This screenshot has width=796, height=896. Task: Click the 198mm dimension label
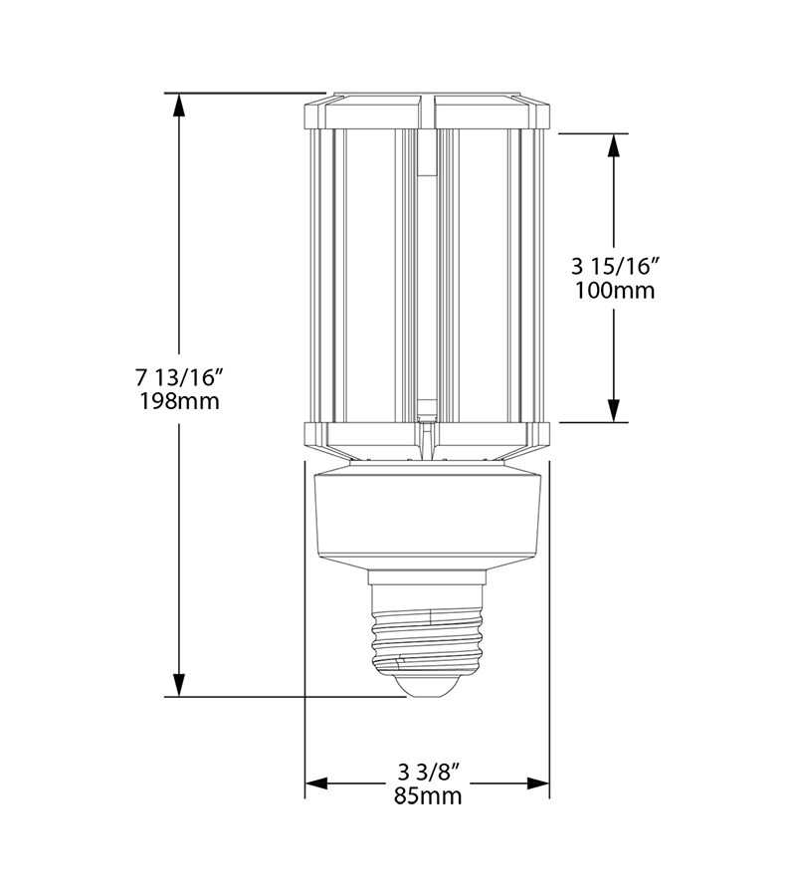pyautogui.click(x=178, y=402)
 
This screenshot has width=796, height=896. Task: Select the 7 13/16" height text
pyautogui.click(x=179, y=377)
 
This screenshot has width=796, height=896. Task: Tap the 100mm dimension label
pyautogui.click(x=614, y=291)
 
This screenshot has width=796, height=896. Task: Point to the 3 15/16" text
pyautogui.click(x=615, y=266)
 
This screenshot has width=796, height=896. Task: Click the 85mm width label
pyautogui.click(x=428, y=796)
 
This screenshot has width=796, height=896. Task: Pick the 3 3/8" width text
pyautogui.click(x=428, y=772)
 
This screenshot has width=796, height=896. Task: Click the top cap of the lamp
pyautogui.click(x=427, y=111)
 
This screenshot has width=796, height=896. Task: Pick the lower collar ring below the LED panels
pyautogui.click(x=427, y=434)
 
